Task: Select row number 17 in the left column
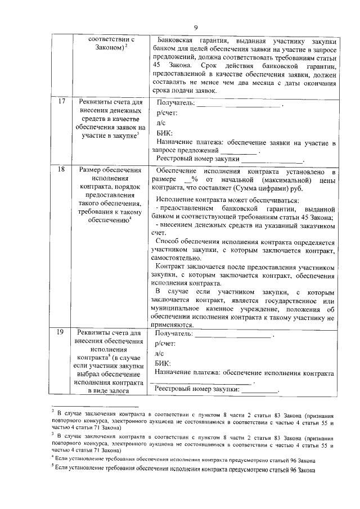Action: [61, 103]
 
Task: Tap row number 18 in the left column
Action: [61, 169]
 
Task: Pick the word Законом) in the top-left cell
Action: [108, 49]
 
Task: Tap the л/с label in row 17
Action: [161, 123]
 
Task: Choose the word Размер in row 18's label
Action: [92, 169]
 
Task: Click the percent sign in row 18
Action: [194, 179]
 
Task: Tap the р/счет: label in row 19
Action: [165, 343]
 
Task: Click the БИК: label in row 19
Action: [163, 363]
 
